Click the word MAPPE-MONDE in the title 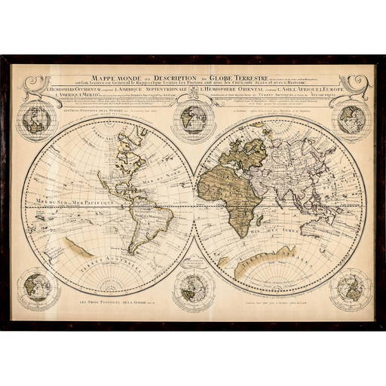click(112, 77)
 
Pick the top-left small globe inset click(37, 118)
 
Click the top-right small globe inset click(349, 118)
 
